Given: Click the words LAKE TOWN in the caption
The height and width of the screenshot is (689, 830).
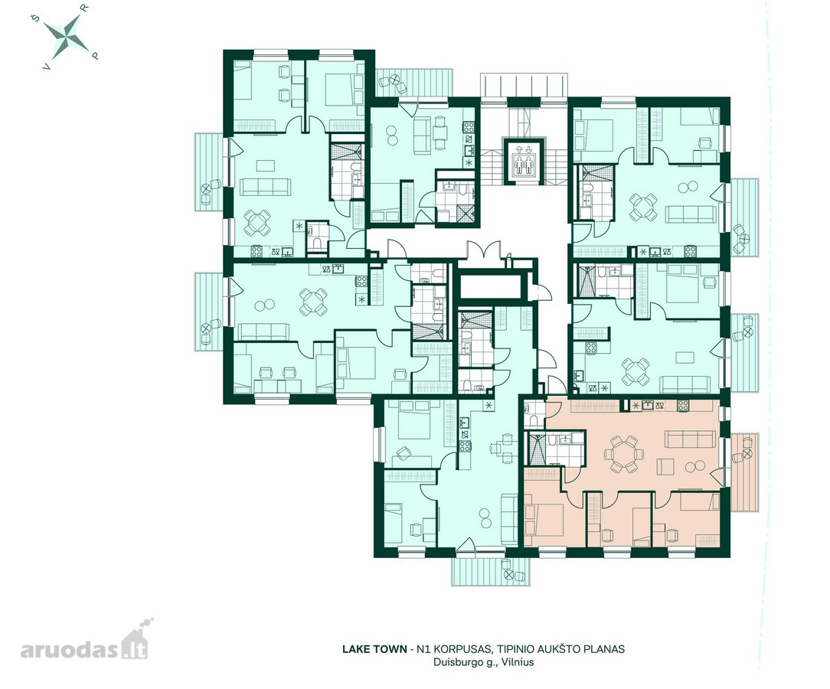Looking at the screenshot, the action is pyautogui.click(x=374, y=648).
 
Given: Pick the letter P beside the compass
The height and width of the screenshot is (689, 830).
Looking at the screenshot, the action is pyautogui.click(x=95, y=54).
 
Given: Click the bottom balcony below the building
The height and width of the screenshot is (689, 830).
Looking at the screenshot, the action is pyautogui.click(x=491, y=570).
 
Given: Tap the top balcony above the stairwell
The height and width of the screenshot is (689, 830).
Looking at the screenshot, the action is pyautogui.click(x=524, y=85).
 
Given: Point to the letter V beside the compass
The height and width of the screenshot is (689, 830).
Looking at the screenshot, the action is pyautogui.click(x=47, y=67).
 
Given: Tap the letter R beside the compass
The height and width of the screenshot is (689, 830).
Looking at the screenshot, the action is pyautogui.click(x=85, y=8).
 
